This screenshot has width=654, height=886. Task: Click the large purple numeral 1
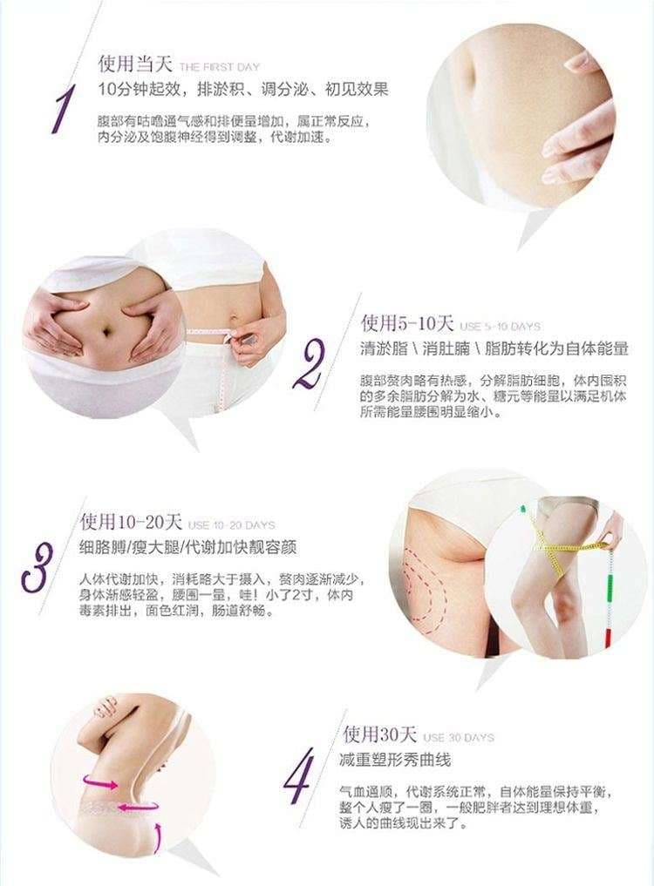(62, 110)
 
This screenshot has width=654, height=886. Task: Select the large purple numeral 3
(37, 567)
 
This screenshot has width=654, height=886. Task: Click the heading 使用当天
(134, 64)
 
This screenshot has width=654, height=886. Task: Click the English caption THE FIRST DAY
(220, 67)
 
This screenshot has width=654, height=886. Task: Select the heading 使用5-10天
(407, 323)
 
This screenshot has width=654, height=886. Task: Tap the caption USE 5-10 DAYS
(501, 327)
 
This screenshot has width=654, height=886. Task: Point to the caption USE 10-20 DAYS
(231, 525)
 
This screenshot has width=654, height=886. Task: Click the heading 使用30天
(379, 734)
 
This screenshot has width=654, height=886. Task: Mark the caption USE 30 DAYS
(459, 738)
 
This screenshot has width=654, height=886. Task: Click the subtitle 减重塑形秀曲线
(396, 760)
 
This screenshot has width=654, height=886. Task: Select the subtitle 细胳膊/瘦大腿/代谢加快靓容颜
(187, 547)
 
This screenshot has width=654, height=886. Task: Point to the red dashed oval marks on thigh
(425, 588)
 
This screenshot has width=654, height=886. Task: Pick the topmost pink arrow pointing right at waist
(100, 782)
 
